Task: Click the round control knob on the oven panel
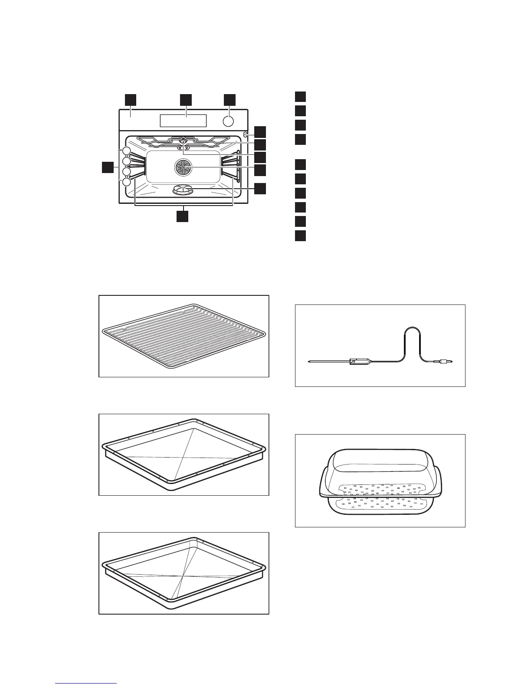[x=229, y=121]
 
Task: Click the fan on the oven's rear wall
[x=183, y=167]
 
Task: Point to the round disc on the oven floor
[x=184, y=189]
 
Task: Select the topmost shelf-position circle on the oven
[x=126, y=151]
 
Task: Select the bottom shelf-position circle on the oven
[x=126, y=182]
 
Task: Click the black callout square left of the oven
[x=108, y=167]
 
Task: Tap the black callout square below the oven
[x=183, y=216]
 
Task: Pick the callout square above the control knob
[x=229, y=99]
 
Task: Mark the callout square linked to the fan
[x=259, y=170]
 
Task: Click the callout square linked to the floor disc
[x=259, y=189]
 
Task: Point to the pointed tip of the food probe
[x=308, y=361]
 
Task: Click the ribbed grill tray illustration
[x=184, y=336]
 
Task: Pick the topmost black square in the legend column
[x=300, y=96]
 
